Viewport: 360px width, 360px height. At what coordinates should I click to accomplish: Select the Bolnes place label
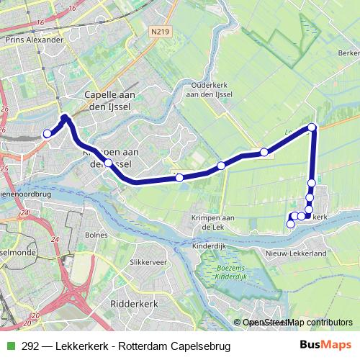(96, 235)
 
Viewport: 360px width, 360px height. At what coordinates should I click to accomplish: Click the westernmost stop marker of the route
(48, 133)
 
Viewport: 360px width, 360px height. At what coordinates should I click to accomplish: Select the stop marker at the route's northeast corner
(312, 127)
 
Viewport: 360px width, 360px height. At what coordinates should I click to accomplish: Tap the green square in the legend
(9, 346)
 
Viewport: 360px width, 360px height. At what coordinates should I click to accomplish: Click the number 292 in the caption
(30, 346)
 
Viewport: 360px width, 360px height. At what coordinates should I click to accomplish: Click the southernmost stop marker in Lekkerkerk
(291, 224)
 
